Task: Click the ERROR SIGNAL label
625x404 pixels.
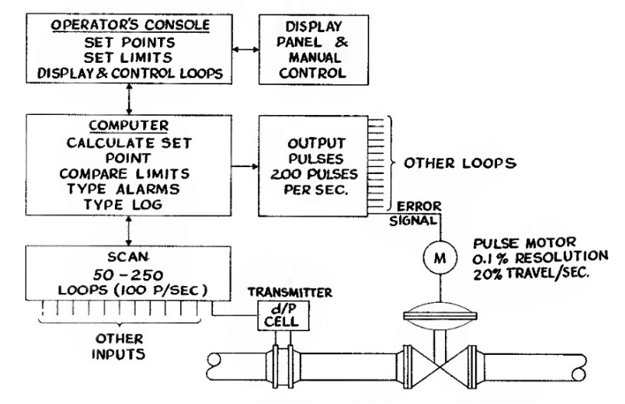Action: point(417,212)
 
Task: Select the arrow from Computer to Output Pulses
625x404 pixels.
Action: point(243,164)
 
